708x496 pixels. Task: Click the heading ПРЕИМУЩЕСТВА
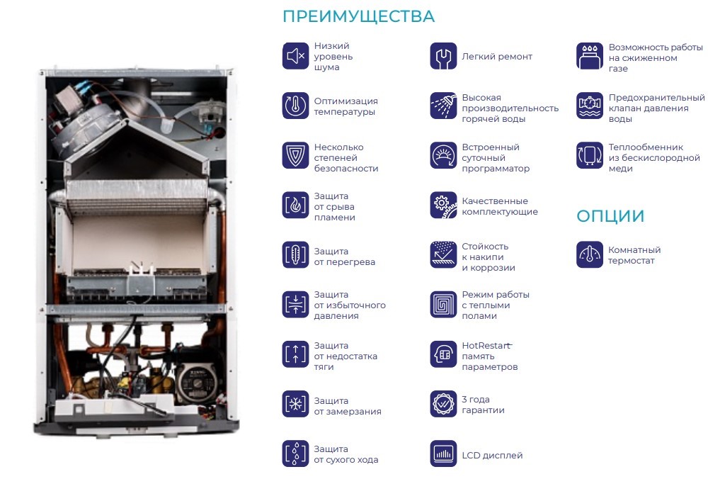(x=358, y=17)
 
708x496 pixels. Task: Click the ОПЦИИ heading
(x=610, y=216)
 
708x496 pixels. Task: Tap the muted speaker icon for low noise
(x=296, y=56)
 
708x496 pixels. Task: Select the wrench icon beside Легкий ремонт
(x=443, y=56)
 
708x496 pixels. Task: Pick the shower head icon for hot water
(x=443, y=106)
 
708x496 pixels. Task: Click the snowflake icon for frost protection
(x=296, y=404)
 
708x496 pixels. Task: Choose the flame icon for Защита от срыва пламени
(x=296, y=205)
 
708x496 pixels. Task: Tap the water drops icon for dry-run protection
(x=296, y=453)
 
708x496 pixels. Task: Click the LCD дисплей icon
(x=443, y=453)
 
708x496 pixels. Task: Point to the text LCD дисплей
(x=492, y=456)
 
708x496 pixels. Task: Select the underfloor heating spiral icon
(x=443, y=305)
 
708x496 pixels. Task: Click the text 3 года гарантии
(x=483, y=405)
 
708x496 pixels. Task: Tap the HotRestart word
(x=486, y=346)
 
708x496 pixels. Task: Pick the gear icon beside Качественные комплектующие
(x=443, y=205)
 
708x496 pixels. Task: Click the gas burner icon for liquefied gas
(x=590, y=56)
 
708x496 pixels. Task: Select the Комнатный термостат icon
(x=590, y=255)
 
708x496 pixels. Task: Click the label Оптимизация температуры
(x=346, y=106)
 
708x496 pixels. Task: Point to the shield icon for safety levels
(x=296, y=155)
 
